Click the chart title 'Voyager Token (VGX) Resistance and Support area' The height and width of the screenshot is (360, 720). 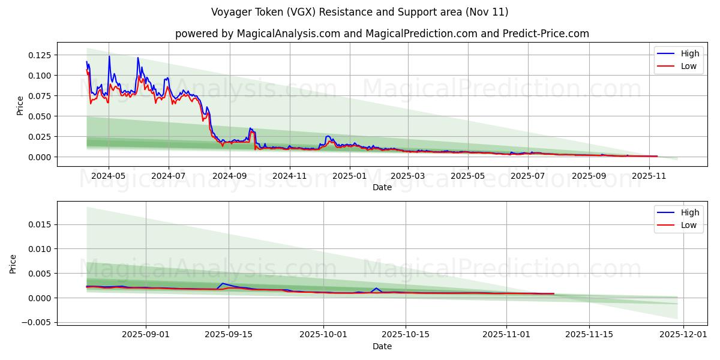click(360, 12)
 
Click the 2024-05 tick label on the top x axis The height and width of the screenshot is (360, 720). click(109, 176)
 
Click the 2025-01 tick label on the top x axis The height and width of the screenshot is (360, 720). click(349, 176)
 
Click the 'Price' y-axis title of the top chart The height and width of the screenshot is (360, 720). click(20, 106)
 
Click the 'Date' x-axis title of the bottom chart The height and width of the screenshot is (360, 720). click(382, 346)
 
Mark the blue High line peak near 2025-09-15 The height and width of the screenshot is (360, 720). click(223, 283)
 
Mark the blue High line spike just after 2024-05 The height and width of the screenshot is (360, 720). click(109, 56)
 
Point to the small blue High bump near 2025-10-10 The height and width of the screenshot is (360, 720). click(376, 288)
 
